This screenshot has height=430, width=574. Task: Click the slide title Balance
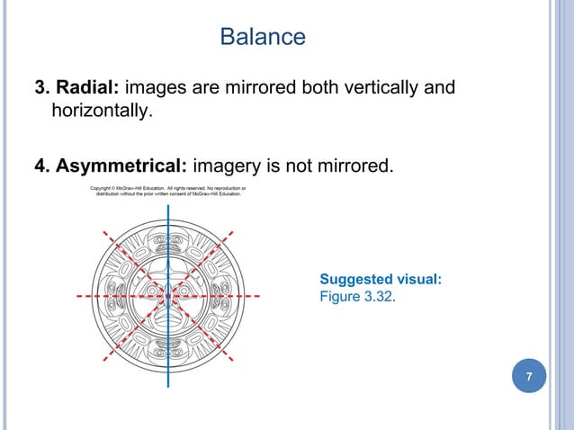coord(263,37)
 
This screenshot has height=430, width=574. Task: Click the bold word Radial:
coord(88,88)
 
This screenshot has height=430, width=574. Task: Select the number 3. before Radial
coord(41,88)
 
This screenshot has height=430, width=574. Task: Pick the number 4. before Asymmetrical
coord(41,165)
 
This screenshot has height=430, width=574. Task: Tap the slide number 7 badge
coord(529,375)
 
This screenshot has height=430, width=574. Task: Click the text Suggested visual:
coord(381,280)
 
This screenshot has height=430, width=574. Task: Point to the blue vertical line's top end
coord(168,202)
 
